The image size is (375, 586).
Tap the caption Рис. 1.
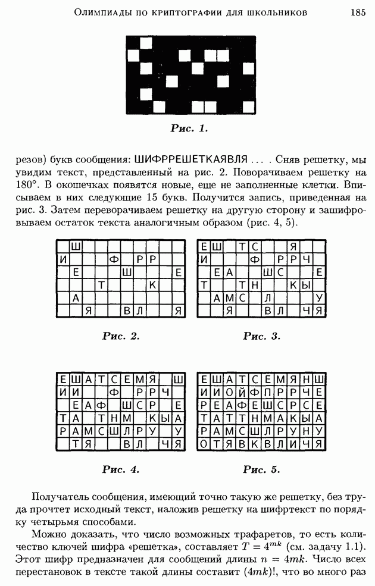point(189,128)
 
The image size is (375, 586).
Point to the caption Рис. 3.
point(261,336)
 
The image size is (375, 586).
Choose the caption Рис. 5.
point(261,469)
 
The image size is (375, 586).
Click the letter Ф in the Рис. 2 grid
point(113,259)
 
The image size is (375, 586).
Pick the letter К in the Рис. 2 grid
point(152,285)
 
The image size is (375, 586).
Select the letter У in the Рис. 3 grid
point(320,297)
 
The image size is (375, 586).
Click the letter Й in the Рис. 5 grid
point(243,393)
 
